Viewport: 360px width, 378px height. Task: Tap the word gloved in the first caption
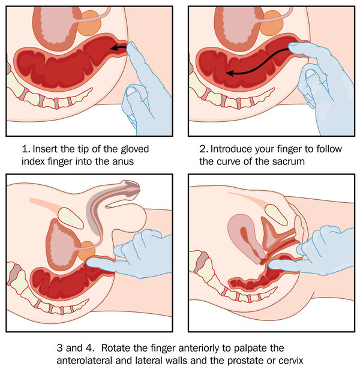[x=132, y=148]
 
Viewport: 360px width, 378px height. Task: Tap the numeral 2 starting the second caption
[x=203, y=148]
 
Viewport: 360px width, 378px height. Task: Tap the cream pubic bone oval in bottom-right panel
[x=277, y=214]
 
